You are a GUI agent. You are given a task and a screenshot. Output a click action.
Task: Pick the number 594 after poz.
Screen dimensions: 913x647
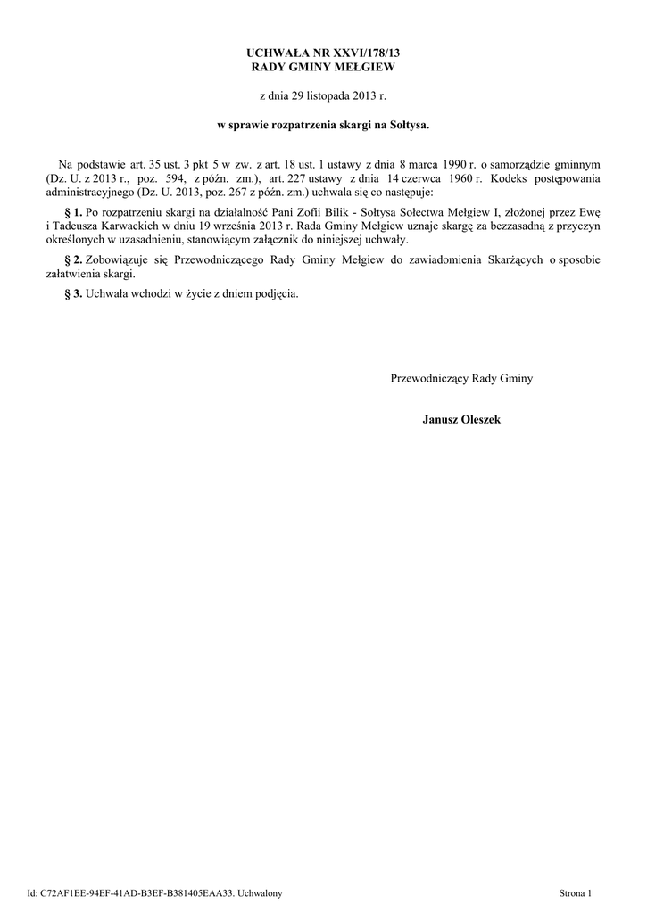coord(175,178)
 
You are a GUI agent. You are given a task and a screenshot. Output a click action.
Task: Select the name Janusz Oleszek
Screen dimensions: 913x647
coord(461,418)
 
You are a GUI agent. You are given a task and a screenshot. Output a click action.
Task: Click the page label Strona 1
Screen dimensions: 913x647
coord(575,892)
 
